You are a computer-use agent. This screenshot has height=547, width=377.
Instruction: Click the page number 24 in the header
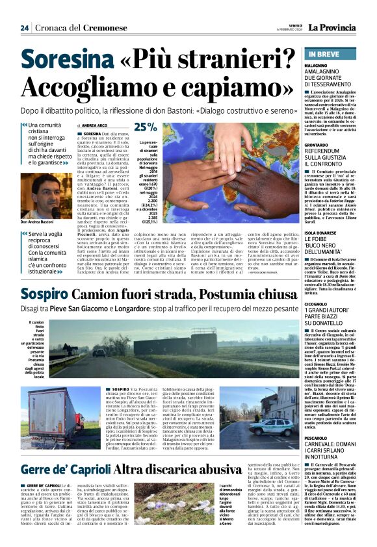click(x=24, y=28)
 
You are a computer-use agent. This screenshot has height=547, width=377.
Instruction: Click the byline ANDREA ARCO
click(x=96, y=125)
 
